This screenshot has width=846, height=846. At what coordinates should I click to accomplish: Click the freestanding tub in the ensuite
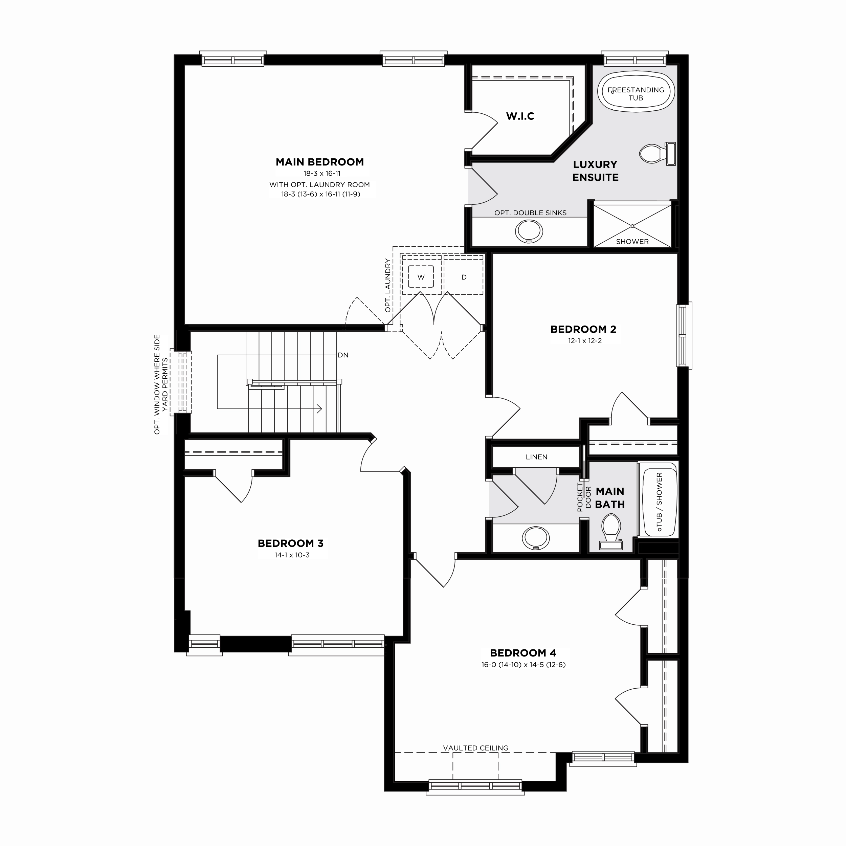636,91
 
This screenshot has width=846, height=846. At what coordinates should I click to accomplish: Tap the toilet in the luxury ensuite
657,154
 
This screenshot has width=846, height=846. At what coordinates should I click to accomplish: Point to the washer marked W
421,277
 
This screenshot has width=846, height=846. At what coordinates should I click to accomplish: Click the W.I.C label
520,116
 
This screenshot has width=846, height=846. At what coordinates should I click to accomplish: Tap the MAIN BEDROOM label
320,162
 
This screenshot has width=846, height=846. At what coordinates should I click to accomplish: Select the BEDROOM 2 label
583,329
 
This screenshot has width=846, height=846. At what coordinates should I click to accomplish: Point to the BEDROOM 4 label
523,653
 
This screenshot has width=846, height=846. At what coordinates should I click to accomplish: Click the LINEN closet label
536,457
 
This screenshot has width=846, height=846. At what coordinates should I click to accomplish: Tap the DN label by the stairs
343,355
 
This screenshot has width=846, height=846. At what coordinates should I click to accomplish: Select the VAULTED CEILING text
475,748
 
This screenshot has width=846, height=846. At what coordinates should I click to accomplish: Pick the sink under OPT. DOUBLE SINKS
529,231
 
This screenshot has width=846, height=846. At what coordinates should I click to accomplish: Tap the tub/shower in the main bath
658,499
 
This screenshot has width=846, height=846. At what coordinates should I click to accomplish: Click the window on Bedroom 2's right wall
684,335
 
